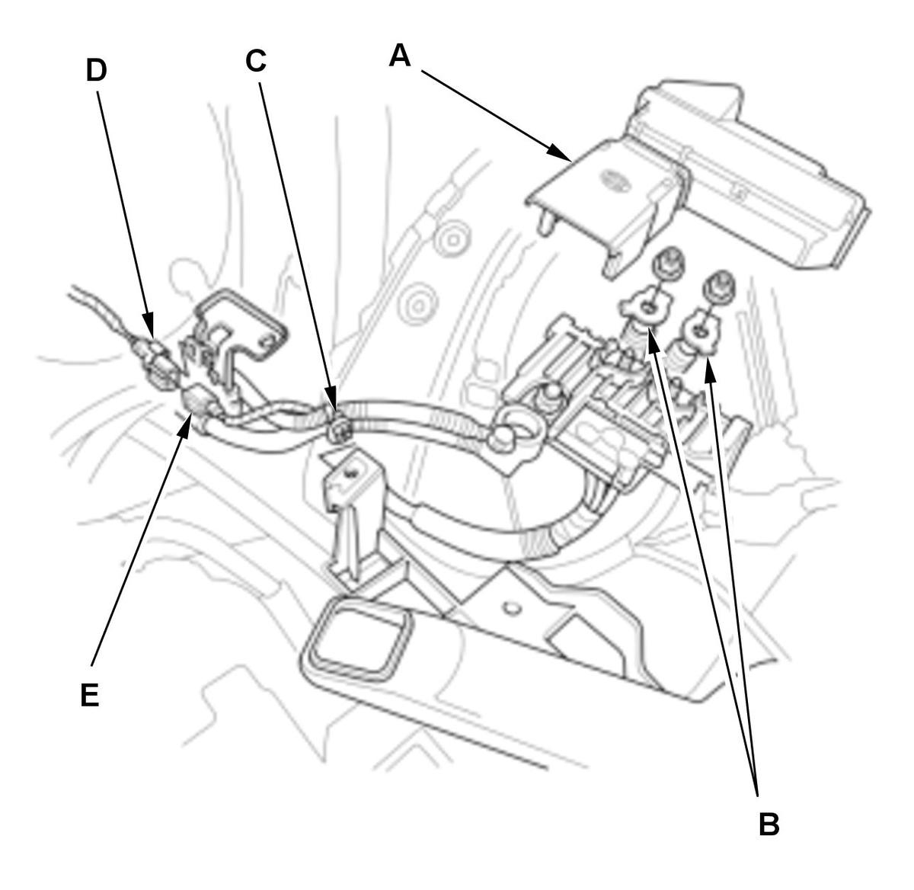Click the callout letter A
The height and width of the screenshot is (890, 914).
(401, 55)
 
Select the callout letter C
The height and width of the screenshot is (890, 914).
(256, 61)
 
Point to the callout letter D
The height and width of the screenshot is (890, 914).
(96, 70)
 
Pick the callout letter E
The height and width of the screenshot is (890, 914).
(90, 695)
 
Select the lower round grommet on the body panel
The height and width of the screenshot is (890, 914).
(418, 306)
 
